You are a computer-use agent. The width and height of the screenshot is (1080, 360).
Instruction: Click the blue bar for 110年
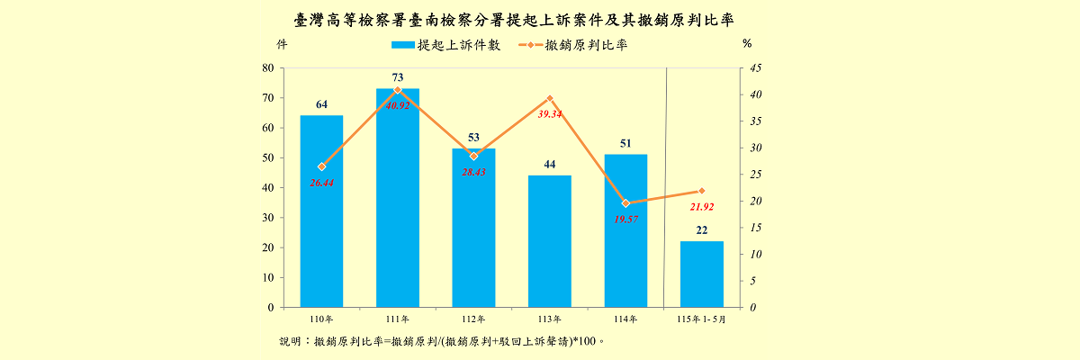point(321,211)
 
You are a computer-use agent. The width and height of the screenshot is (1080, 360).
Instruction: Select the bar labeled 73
point(398,198)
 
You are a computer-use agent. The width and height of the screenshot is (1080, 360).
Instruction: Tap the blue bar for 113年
point(550,241)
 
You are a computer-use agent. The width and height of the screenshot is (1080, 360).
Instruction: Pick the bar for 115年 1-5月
point(702,274)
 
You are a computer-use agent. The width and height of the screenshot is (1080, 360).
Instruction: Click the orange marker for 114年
point(625,203)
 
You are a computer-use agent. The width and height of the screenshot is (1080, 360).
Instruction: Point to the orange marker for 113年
point(550,98)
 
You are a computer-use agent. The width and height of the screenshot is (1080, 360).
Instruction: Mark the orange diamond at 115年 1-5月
point(702,191)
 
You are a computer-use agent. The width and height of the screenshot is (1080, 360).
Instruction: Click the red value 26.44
point(321,183)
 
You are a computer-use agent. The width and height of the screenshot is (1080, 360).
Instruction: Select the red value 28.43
point(474,172)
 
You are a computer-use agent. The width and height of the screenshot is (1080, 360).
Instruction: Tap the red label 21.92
point(702,207)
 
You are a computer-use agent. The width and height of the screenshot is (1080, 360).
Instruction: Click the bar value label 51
point(625,143)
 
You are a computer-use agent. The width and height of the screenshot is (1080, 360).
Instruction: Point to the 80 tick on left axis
point(268,68)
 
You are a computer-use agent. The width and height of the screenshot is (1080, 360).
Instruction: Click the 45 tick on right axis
point(755,68)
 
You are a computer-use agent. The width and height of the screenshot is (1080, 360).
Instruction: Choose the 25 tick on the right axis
point(755,175)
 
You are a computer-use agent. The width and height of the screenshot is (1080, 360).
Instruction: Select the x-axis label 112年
point(474,319)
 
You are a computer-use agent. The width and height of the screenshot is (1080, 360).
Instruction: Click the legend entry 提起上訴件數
point(446,45)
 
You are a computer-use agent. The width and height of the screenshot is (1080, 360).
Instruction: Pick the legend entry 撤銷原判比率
point(573,45)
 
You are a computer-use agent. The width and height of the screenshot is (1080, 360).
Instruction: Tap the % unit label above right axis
point(747,44)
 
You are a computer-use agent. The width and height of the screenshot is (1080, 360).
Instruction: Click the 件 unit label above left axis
point(282,44)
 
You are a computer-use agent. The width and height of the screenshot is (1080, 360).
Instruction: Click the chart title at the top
point(514,20)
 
